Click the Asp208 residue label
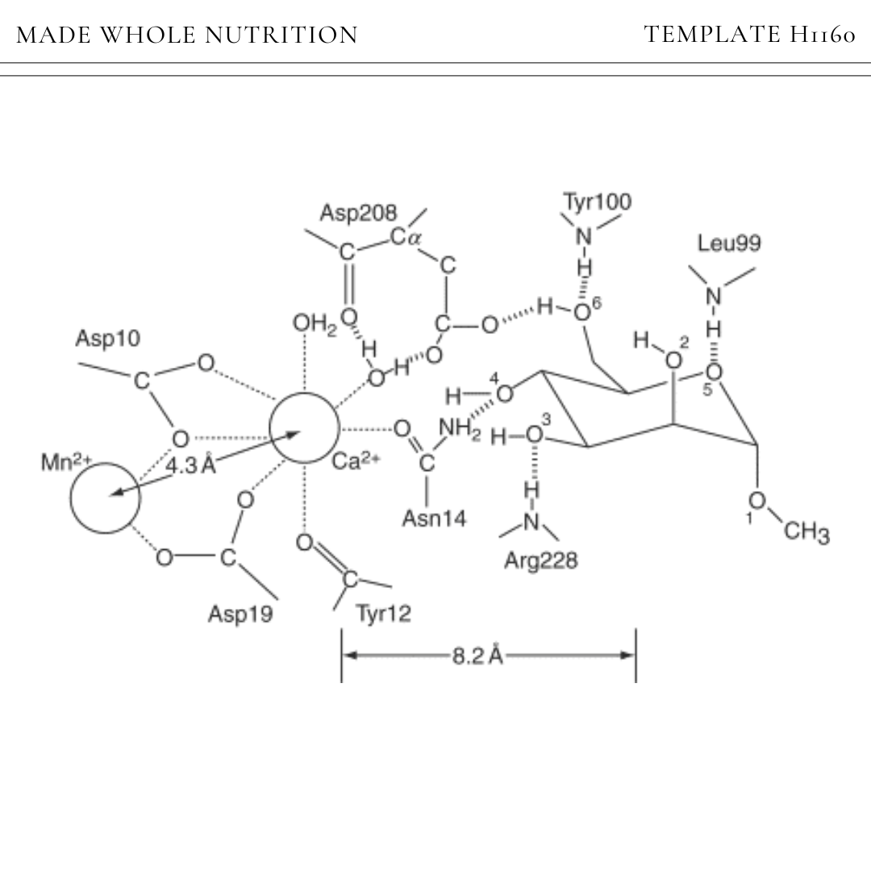(358, 213)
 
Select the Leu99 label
(729, 244)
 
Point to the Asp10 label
(108, 338)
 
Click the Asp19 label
(240, 614)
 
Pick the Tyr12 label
(384, 614)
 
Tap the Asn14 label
(434, 519)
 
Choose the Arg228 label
(540, 561)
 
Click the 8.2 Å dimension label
(477, 656)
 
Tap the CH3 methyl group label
(806, 531)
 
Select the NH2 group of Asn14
(460, 428)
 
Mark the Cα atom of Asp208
(406, 237)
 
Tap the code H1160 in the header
(823, 35)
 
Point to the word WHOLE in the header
(148, 35)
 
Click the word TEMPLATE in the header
(713, 35)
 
